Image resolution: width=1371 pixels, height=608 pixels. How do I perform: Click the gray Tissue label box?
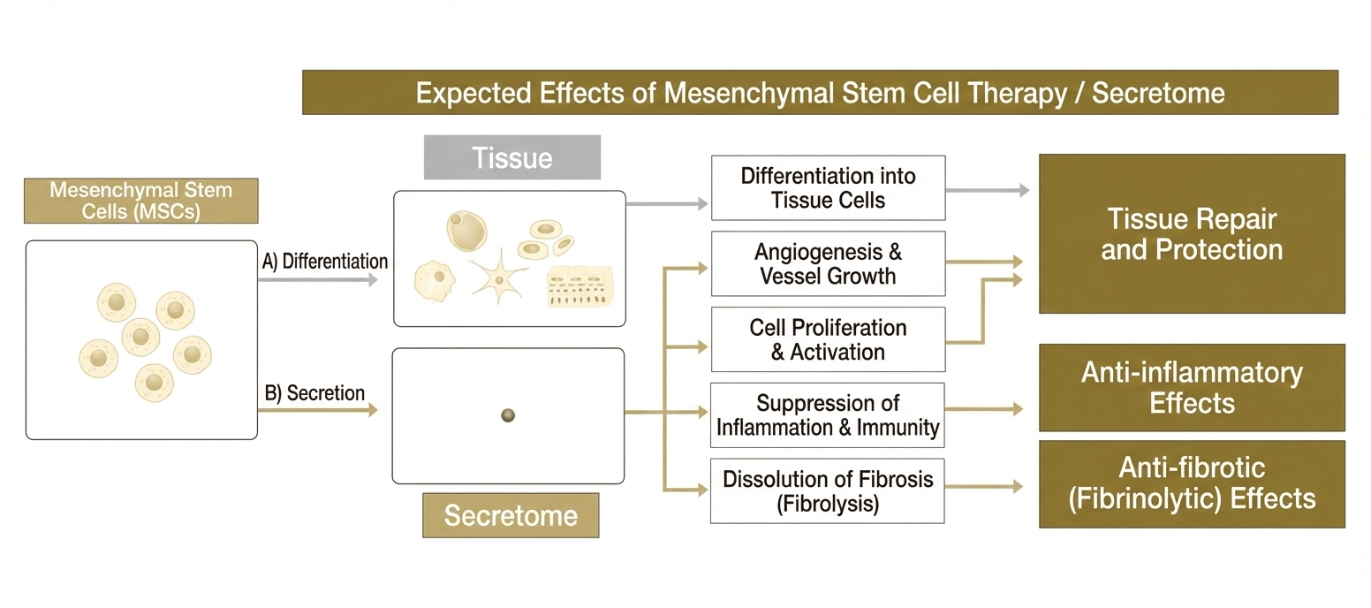tap(512, 157)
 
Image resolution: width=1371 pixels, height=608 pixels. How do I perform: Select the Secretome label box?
tap(511, 515)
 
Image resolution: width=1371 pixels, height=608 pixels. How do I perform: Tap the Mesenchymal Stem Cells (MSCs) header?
tap(141, 201)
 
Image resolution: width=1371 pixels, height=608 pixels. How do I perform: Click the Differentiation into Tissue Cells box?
tap(828, 188)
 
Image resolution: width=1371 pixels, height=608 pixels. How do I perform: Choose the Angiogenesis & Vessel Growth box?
tap(828, 264)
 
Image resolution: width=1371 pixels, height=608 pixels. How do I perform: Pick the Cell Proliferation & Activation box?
tap(828, 340)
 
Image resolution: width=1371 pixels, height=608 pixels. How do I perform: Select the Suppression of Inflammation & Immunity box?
tap(828, 415)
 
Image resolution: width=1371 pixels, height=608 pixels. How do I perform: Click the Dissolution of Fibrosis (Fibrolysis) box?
tap(828, 491)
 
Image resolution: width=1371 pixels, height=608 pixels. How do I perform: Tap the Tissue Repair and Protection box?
tap(1193, 234)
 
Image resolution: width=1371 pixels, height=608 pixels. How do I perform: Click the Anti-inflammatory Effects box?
tap(1193, 388)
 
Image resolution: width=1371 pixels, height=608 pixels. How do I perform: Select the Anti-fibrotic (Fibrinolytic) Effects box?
tap(1193, 483)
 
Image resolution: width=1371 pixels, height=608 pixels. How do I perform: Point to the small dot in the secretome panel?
tap(508, 415)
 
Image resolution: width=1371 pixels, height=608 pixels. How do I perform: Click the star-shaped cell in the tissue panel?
tap(499, 279)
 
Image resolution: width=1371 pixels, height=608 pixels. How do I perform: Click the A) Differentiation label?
tap(325, 262)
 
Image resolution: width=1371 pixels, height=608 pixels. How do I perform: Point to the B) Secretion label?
tap(314, 393)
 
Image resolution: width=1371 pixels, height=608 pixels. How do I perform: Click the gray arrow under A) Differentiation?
tap(318, 280)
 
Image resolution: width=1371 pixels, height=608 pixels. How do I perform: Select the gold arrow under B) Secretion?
tap(318, 410)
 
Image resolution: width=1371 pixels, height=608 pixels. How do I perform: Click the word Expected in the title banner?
tap(473, 94)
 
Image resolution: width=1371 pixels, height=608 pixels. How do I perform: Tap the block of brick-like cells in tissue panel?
tap(579, 286)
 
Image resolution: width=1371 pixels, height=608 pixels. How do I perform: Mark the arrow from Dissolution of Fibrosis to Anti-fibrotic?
tap(984, 487)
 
